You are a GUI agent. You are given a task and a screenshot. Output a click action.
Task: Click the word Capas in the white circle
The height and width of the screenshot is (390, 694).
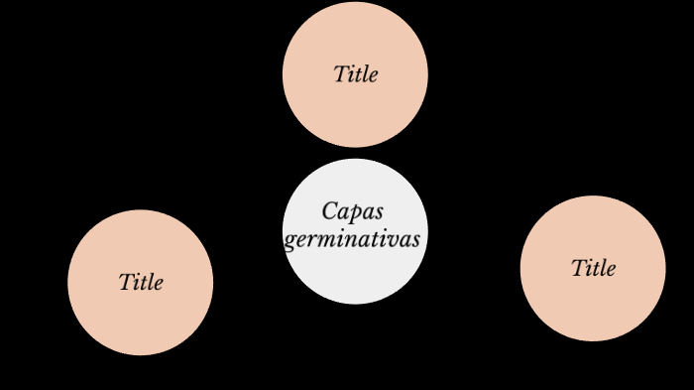(x=352, y=211)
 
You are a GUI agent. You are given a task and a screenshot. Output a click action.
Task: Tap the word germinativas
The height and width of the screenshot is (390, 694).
(x=352, y=239)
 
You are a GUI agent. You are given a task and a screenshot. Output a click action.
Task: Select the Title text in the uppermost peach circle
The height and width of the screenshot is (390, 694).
(x=355, y=74)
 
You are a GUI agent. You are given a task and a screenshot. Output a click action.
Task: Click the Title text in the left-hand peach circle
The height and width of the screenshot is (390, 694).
(x=141, y=282)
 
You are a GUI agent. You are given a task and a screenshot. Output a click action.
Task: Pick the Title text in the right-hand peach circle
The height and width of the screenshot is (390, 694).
(x=593, y=268)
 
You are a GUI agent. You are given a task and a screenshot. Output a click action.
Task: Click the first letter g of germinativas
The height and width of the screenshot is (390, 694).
(x=290, y=241)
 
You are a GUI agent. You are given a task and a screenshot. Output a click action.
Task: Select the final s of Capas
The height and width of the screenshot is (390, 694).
(x=378, y=212)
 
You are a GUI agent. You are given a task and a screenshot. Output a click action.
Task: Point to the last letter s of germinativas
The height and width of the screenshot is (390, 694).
(x=415, y=240)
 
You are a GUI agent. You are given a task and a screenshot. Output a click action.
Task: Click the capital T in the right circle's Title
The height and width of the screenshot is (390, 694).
(x=578, y=268)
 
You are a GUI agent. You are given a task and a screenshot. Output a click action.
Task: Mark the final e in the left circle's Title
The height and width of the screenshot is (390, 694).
(x=158, y=283)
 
